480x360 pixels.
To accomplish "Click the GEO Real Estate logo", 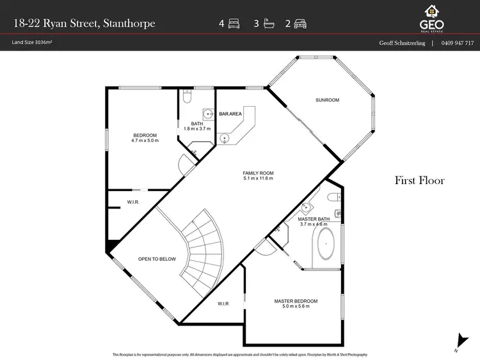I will point(431,17).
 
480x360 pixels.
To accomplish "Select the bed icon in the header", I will point(234,24).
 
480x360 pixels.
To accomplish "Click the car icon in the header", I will point(300,24).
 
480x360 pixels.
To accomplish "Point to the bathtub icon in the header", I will point(267,24).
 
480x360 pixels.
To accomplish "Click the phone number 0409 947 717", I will point(458,43).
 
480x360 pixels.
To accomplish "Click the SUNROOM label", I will point(327,100).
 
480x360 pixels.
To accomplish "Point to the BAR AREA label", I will point(230,114).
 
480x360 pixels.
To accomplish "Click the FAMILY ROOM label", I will point(258,173).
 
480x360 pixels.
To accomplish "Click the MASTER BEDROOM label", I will point(295,301).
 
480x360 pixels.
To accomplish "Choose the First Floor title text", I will point(419,180).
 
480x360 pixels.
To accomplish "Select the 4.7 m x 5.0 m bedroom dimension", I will point(145,141).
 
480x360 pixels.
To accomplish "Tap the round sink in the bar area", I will point(225,137).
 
